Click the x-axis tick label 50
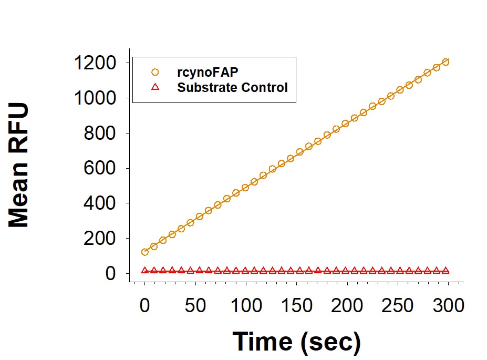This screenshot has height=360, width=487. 195,305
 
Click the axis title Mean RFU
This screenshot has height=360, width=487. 19,166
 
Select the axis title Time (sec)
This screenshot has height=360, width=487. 297,342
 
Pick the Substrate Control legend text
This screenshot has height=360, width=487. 233,87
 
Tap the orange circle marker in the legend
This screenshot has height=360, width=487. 155,72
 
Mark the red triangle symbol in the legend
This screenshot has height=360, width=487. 155,87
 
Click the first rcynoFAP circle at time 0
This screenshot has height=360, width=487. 145,252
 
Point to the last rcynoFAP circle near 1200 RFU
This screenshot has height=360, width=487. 445,62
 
